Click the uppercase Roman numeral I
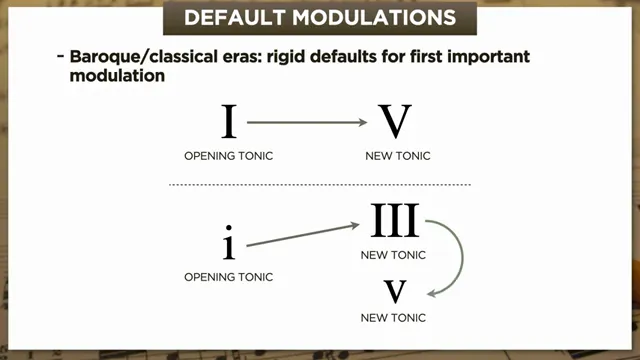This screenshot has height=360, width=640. pos(229,122)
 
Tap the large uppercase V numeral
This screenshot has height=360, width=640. pos(395,122)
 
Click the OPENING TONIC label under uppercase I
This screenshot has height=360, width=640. pos(229,157)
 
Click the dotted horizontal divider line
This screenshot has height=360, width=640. pos(319,185)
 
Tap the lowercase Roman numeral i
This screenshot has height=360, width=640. pos(229,240)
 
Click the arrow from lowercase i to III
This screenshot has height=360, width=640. pos(302,233)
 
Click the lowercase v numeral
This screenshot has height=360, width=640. pos(394,291)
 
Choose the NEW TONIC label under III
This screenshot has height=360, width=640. pos(393,255)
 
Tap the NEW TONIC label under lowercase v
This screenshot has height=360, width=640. pos(393,318)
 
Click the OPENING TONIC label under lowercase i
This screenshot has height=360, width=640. pos(229,276)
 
